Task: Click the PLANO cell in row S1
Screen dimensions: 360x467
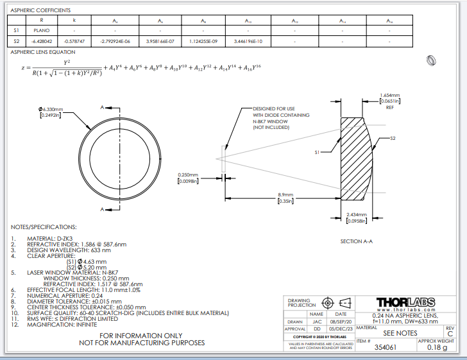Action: point(42,30)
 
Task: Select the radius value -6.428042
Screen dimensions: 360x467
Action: point(42,41)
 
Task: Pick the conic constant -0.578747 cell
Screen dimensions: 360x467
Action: point(74,41)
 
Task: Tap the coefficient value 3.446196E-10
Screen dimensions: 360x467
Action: point(249,41)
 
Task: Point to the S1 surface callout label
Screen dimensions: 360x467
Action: point(318,153)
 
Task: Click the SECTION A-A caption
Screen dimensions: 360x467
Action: point(357,241)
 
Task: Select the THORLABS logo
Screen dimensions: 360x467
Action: point(404,302)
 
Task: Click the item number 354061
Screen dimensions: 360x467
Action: point(386,347)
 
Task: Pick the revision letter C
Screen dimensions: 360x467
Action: point(450,334)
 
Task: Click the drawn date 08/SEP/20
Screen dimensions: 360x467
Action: point(337,321)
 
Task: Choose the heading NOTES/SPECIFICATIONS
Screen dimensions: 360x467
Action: point(44,227)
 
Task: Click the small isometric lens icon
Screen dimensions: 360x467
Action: point(431,60)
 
